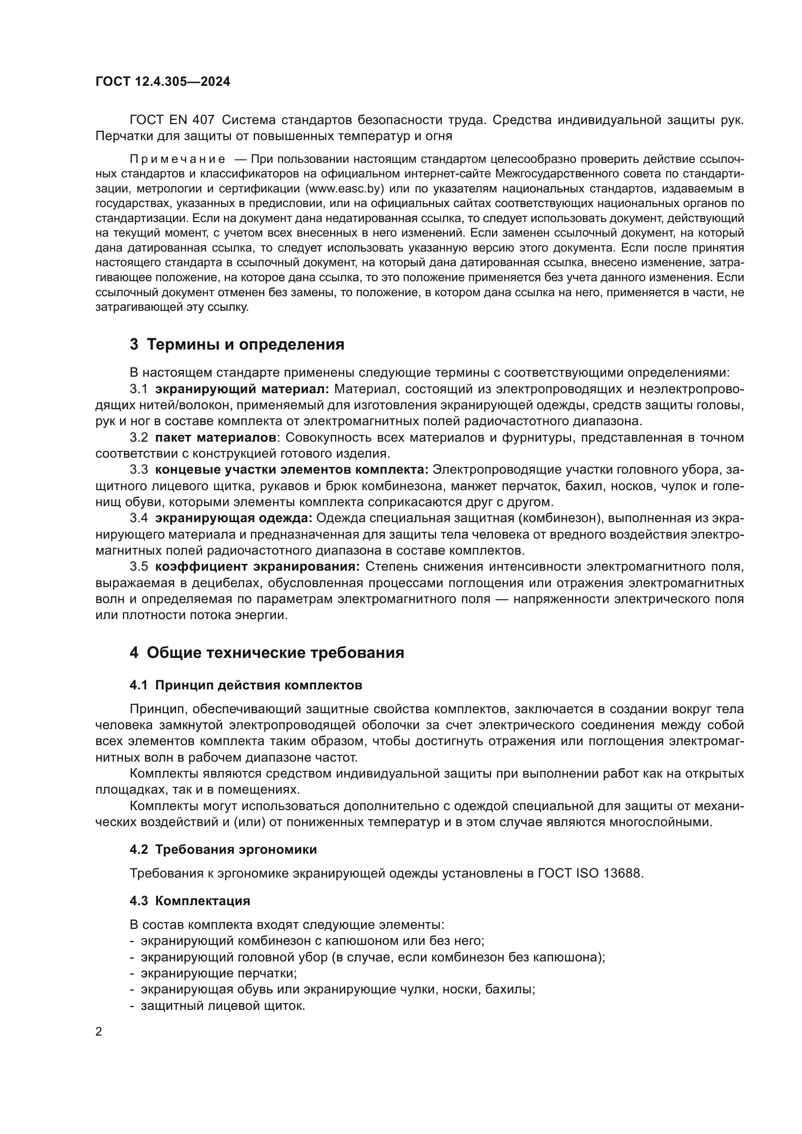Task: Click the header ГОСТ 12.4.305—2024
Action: pyautogui.click(x=162, y=82)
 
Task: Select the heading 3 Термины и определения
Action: pyautogui.click(x=237, y=344)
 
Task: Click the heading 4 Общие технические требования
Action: pyautogui.click(x=267, y=653)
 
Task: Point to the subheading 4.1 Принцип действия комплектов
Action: pyautogui.click(x=246, y=686)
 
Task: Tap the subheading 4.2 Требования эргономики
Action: pyautogui.click(x=223, y=849)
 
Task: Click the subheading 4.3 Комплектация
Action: pyautogui.click(x=190, y=901)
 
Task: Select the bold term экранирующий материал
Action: pyautogui.click(x=242, y=389)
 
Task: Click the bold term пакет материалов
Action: pyautogui.click(x=215, y=438)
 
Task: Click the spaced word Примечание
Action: pyautogui.click(x=177, y=159)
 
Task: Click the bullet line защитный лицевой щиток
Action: pyautogui.click(x=223, y=1006)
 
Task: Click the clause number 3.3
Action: pyautogui.click(x=139, y=470)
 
